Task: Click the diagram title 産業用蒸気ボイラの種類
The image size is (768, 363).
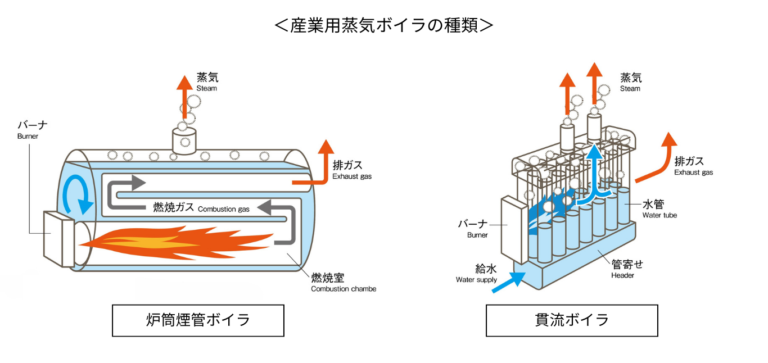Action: [384, 25]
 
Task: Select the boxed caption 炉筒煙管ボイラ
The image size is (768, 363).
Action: [198, 320]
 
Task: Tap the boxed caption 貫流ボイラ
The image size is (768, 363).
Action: [572, 320]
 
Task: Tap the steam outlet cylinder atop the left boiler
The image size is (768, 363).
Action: [184, 139]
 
